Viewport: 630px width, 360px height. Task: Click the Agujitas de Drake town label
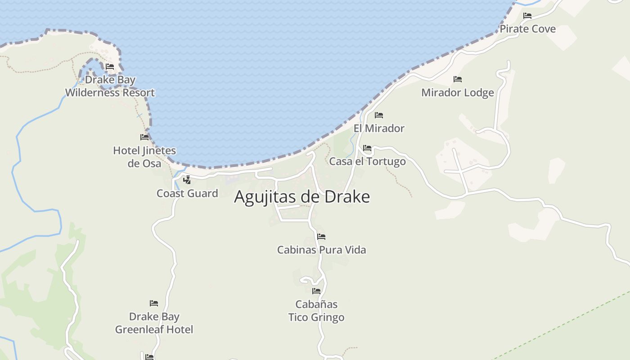(x=302, y=197)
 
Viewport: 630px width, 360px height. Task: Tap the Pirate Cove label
(x=527, y=29)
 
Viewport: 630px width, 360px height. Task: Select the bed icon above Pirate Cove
(x=527, y=16)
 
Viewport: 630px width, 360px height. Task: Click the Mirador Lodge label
(x=457, y=93)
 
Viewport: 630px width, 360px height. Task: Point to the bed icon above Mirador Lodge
(x=458, y=79)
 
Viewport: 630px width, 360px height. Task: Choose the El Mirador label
(x=379, y=128)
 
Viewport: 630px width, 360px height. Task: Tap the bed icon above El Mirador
(x=379, y=115)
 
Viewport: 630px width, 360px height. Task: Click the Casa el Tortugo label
(x=367, y=161)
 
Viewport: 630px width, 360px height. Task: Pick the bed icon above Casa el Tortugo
(x=367, y=148)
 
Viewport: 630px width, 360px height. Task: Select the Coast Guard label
(x=187, y=193)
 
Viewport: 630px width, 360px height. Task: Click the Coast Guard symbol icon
(x=187, y=180)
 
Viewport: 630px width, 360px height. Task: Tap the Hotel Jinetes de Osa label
(x=144, y=157)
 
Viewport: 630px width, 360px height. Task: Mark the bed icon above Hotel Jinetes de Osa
(x=144, y=137)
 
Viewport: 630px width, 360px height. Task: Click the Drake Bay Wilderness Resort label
(x=110, y=86)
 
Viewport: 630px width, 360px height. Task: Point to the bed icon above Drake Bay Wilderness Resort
(x=109, y=67)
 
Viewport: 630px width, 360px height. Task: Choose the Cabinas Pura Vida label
(x=321, y=250)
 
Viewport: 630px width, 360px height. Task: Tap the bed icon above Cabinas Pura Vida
(x=321, y=237)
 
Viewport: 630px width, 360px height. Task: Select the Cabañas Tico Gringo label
(x=316, y=311)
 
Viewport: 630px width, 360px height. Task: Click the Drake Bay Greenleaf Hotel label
(x=154, y=323)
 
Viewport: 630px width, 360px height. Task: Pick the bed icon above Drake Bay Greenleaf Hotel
(x=154, y=303)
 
